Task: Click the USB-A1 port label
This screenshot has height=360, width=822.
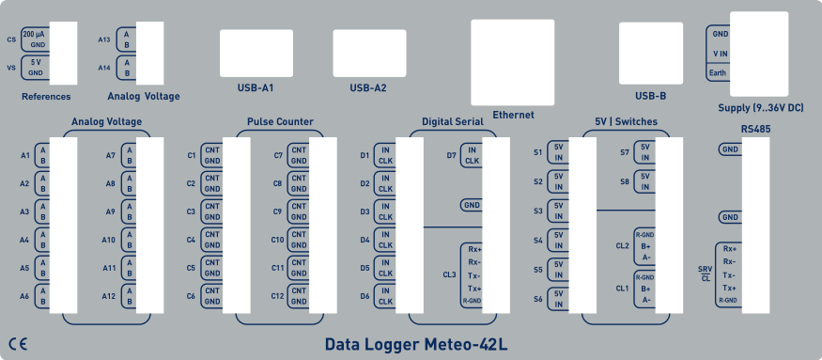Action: pyautogui.click(x=255, y=88)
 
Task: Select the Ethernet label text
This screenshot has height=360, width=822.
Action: pyautogui.click(x=513, y=115)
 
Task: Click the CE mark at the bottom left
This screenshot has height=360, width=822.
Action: pyautogui.click(x=18, y=342)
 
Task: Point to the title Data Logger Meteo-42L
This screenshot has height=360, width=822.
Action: pyautogui.click(x=416, y=344)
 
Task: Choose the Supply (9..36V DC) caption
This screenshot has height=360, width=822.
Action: pyautogui.click(x=760, y=108)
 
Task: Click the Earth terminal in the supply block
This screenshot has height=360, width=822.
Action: pyautogui.click(x=718, y=72)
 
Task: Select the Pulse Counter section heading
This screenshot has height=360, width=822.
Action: pyautogui.click(x=280, y=122)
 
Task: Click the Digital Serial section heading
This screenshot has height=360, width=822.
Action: pyautogui.click(x=452, y=122)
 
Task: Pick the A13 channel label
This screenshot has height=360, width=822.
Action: pyautogui.click(x=104, y=39)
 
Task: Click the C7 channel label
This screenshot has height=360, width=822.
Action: pyautogui.click(x=278, y=155)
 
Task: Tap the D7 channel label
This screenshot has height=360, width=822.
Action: pyautogui.click(x=451, y=155)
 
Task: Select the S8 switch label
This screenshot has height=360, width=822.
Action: pyautogui.click(x=625, y=180)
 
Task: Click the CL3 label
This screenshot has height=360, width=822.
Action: pyautogui.click(x=449, y=275)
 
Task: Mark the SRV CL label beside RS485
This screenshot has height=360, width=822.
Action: pyautogui.click(x=705, y=274)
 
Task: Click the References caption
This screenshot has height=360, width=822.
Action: pyautogui.click(x=46, y=96)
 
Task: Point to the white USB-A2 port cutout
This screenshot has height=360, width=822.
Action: pyautogui.click(x=370, y=54)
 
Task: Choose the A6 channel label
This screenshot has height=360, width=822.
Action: pyautogui.click(x=25, y=296)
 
